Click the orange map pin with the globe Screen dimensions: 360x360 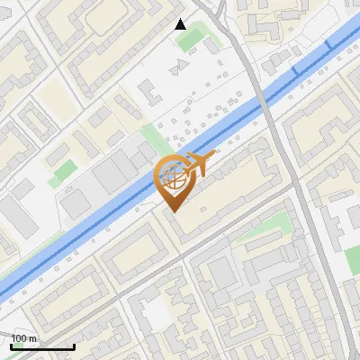[173, 179]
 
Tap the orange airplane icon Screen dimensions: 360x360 [199, 164]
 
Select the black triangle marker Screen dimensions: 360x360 [180, 24]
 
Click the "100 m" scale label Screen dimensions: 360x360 [24, 338]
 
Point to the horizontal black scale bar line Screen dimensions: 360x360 [42, 346]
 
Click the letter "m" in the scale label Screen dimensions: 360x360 [33, 338]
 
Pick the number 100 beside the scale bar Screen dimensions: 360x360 [19, 338]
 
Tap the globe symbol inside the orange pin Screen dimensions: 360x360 [173, 176]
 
